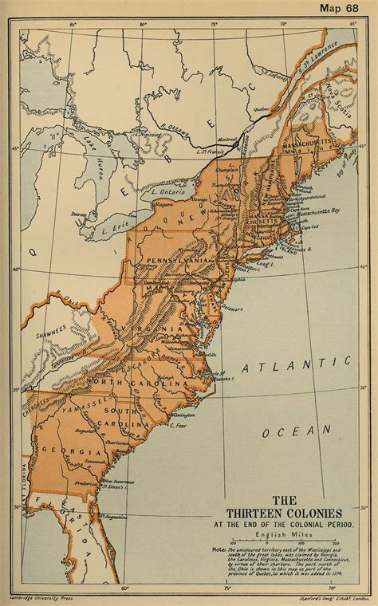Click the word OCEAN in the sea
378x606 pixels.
click(297, 431)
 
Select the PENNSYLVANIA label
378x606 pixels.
click(177, 262)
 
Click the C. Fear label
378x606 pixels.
click(179, 427)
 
